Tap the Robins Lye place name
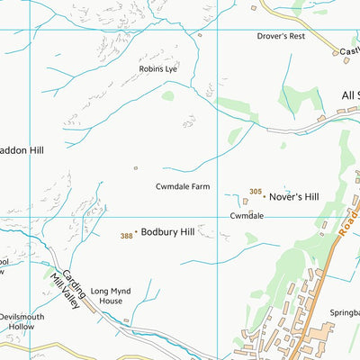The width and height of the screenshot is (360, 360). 157,68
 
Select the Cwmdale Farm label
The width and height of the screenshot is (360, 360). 183,186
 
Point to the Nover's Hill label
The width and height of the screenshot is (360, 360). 294,196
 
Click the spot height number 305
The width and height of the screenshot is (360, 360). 256,192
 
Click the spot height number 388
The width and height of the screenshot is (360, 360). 126,236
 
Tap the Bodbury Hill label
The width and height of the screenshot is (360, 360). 167,232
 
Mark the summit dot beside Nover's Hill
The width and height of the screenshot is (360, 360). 265,196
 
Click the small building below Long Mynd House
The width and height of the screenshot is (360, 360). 127,319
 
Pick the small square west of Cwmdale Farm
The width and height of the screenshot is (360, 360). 136,167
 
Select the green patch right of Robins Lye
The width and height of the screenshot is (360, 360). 167,94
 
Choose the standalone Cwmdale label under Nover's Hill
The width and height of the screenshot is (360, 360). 247,216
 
